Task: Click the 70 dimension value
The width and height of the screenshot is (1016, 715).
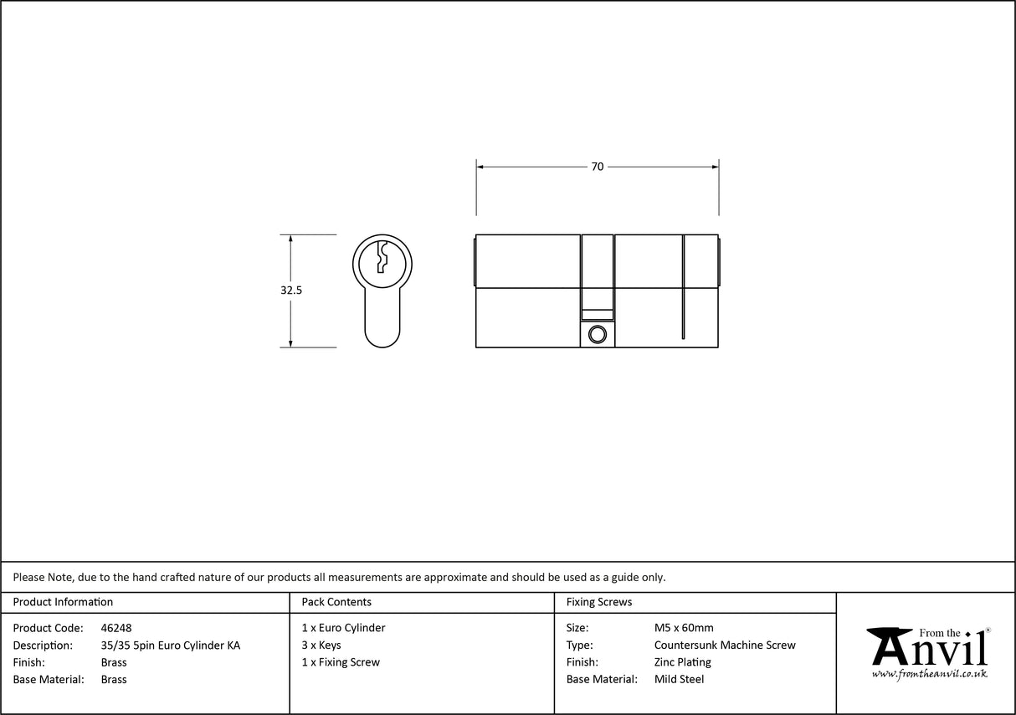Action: point(597,167)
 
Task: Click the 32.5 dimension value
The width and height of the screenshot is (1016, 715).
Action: point(291,291)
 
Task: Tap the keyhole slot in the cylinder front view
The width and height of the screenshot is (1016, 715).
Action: point(382,257)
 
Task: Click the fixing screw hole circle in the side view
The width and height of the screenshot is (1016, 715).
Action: point(596,335)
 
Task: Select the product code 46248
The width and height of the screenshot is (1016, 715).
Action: point(115,628)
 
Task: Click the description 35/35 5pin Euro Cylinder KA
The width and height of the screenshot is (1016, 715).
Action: point(170,646)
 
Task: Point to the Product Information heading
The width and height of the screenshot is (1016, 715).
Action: point(63,602)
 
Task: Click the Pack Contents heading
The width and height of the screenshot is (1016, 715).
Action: point(336,602)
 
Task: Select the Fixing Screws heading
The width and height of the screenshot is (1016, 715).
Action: point(599,602)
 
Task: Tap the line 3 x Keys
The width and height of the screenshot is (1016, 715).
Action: point(321,646)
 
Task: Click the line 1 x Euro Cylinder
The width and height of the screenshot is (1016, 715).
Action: point(343,628)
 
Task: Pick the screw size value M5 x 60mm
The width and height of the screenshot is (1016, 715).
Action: point(684,628)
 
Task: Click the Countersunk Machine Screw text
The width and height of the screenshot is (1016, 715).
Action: point(725,646)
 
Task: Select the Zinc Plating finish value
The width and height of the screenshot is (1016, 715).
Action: point(682,662)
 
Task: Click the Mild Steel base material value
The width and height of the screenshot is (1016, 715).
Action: point(679,680)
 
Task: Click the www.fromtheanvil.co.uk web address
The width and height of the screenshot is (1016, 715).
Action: point(929,673)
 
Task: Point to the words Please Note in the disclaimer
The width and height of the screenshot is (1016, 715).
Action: point(42,577)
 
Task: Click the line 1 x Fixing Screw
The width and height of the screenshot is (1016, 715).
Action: point(341,662)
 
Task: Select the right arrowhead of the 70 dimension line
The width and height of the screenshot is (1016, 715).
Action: point(714,167)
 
